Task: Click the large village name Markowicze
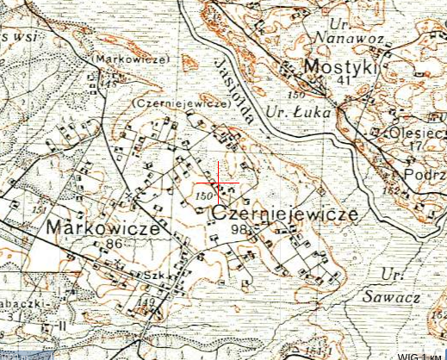pos(103,228)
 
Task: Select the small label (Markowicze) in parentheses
pos(132,59)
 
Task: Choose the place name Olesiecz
pos(418,133)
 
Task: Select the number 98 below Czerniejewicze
pos(239,229)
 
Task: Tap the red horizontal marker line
pos(215,183)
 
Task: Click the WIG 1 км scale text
pos(420,355)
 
